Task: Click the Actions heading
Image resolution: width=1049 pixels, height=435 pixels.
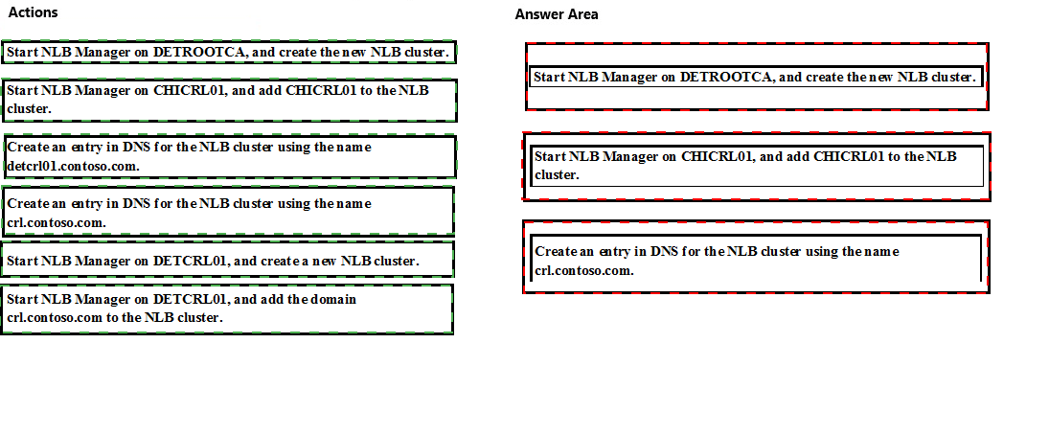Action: pos(33,12)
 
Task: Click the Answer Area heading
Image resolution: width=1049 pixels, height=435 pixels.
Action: pos(557,14)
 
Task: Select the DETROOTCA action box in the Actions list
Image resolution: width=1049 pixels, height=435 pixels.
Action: pos(229,52)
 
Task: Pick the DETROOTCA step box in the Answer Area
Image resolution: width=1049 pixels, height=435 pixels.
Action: pos(757,77)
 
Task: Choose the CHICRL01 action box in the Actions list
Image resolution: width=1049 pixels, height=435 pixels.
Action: pos(230,101)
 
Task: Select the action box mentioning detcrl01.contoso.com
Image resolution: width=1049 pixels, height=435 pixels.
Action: pos(230,156)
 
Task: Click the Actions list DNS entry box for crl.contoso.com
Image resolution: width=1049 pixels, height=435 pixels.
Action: pos(228,212)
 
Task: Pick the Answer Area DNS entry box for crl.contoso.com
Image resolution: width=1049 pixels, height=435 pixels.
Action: pos(756,257)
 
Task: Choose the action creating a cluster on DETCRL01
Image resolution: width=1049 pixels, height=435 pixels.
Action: pos(227,260)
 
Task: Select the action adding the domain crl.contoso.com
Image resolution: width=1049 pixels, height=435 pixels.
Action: pos(227,309)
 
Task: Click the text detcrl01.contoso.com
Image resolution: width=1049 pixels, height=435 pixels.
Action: pos(74,166)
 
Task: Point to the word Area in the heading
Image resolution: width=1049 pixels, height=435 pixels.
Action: pos(582,14)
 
